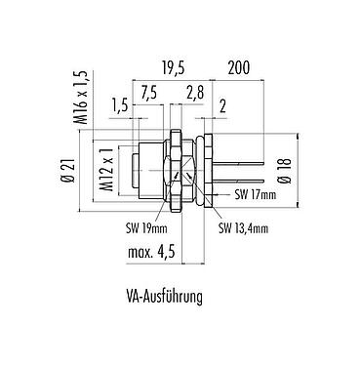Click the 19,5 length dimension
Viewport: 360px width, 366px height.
(x=173, y=68)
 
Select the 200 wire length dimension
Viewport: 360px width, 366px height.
(x=238, y=67)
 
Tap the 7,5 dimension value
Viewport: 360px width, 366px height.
(x=149, y=93)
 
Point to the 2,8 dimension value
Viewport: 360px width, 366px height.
(x=195, y=93)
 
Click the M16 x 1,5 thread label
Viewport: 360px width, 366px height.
(x=82, y=98)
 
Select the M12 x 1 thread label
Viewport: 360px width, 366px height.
(x=107, y=169)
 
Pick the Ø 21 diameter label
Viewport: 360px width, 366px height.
(x=68, y=171)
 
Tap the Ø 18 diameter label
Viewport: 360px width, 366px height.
(x=286, y=171)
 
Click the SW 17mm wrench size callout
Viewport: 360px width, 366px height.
(x=256, y=194)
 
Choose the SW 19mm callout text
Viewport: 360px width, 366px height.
(x=146, y=228)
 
